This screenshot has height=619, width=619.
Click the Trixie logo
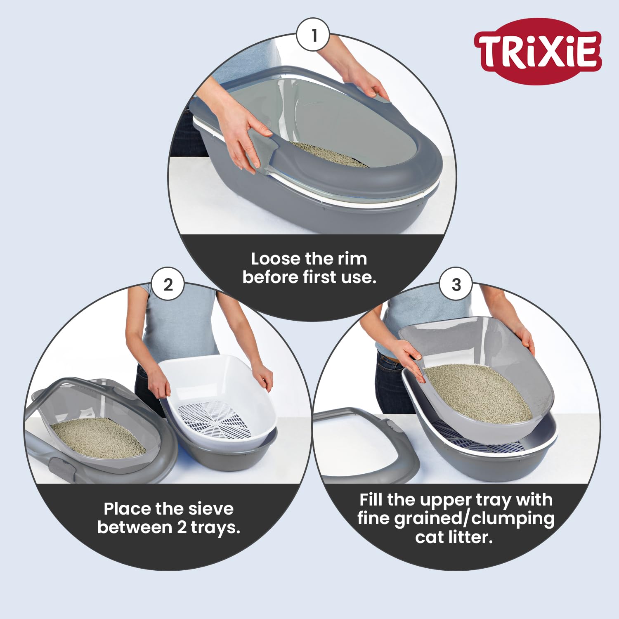coord(538,52)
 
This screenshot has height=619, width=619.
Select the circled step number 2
coord(168,284)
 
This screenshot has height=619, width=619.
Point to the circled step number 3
coord(456,284)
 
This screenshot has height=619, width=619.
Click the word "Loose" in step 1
coord(275,259)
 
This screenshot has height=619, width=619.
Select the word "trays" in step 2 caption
coord(215,528)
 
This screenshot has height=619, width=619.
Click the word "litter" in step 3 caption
coord(470,537)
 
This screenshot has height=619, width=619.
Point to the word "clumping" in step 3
coord(513,519)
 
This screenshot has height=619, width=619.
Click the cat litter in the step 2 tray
coord(97,437)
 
